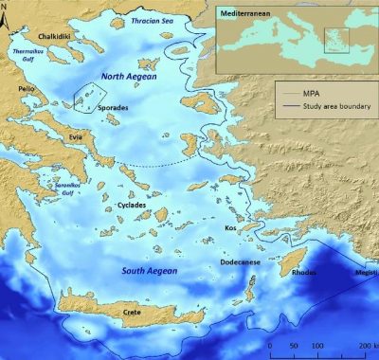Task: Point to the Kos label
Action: (229, 228)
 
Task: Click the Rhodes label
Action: (302, 273)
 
